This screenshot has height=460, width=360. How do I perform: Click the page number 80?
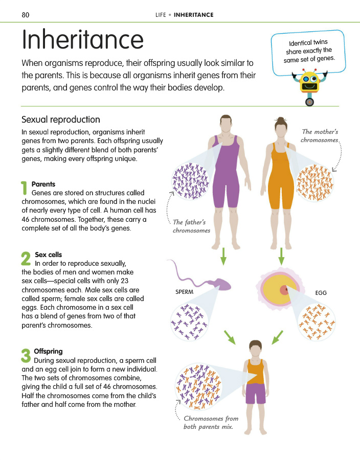coord(26,15)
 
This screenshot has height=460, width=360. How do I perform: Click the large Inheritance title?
coord(83,39)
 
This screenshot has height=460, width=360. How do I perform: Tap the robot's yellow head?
coord(309,82)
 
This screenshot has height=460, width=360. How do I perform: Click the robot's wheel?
coord(309,102)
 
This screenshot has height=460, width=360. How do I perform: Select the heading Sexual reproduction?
coord(61,120)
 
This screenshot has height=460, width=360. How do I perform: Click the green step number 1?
coord(25,188)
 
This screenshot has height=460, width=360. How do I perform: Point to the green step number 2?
coord(26,259)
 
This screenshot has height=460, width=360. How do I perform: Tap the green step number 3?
coord(26,355)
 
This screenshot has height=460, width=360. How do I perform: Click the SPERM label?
coord(184,292)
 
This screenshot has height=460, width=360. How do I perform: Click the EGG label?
coord(321,293)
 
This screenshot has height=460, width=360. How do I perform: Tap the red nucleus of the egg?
coord(285,290)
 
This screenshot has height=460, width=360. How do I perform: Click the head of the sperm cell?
coord(222,284)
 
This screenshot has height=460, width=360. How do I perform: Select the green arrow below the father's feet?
coord(223,257)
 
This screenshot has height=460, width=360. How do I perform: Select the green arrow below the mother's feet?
coord(281,257)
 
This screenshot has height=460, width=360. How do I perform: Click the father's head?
coord(226,124)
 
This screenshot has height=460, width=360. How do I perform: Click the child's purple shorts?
coord(256,393)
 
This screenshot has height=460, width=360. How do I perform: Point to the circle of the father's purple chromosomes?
coord(190,181)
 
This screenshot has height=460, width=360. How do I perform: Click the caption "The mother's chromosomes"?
coord(320,136)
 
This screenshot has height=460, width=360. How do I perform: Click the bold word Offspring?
coord(48,352)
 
